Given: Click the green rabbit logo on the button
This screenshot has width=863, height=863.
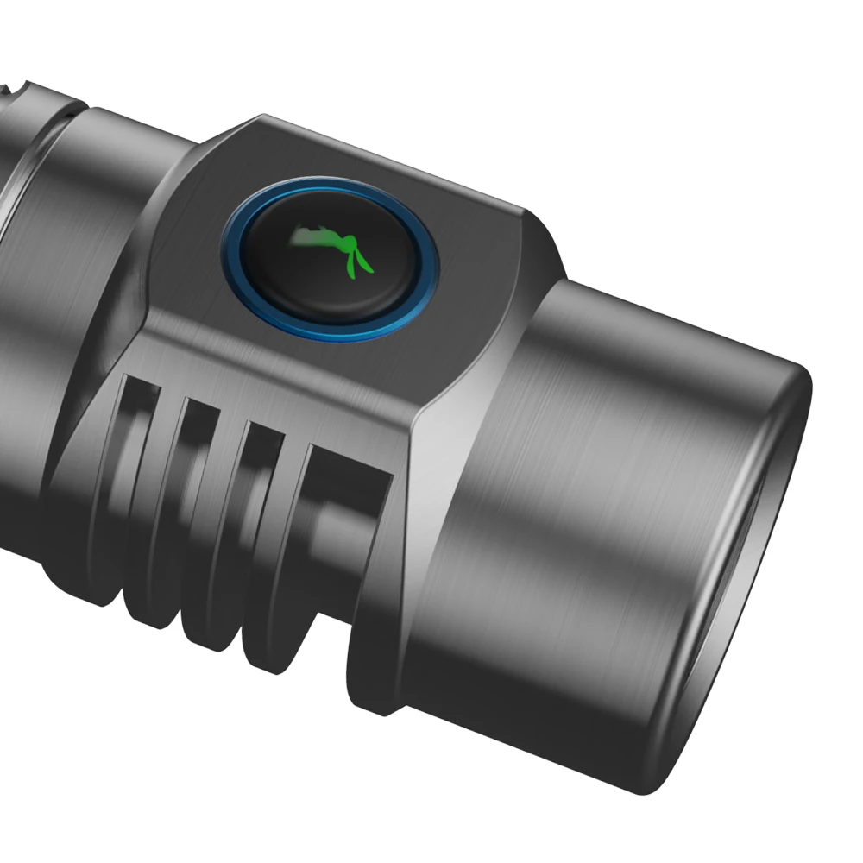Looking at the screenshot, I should pos(332,250).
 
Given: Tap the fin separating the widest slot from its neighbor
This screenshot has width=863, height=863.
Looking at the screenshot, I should pos(298,535).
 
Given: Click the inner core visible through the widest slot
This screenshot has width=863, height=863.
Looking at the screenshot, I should pos(341,526).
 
